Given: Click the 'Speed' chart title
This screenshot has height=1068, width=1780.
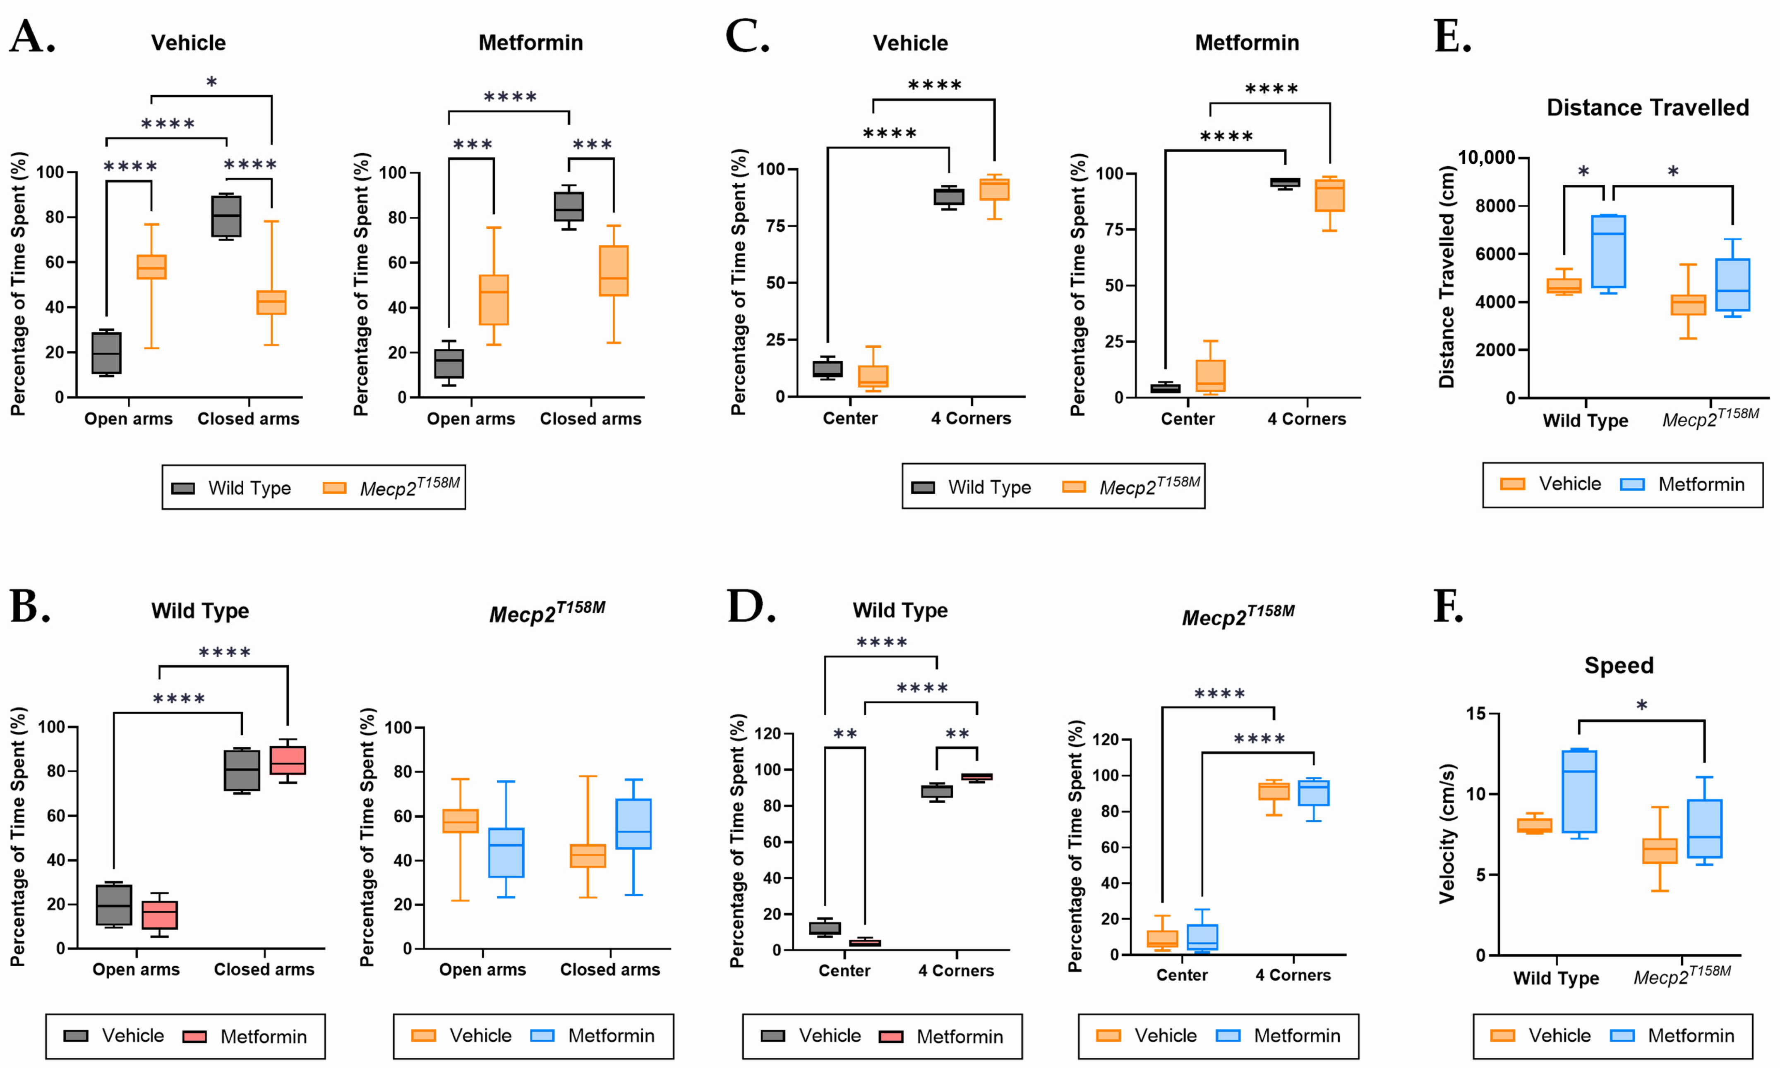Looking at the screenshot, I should (1619, 665).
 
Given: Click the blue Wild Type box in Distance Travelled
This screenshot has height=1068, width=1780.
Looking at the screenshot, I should (1608, 252).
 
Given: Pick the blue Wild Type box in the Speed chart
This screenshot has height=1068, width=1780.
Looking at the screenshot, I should (1579, 792).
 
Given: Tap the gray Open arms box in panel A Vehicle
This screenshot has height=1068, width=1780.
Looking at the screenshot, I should (106, 353).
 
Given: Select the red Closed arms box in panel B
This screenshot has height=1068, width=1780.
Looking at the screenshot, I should (287, 760).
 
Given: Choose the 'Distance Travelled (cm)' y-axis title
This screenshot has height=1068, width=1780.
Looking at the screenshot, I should (1447, 277).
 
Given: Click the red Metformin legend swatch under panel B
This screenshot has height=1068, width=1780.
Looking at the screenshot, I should (194, 1036).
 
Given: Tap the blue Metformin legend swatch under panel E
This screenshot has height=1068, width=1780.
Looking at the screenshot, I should (1632, 484).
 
